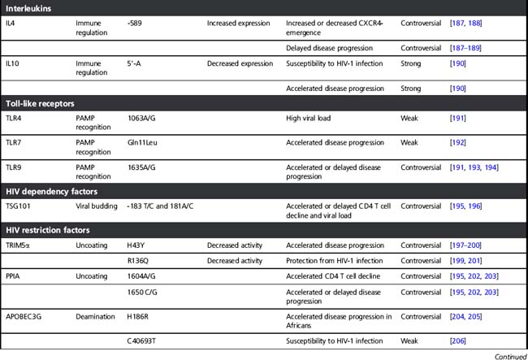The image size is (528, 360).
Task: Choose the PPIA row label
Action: coord(13,276)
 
